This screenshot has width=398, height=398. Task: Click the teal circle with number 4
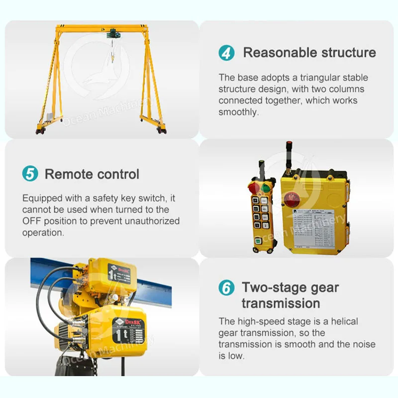pyautogui.click(x=226, y=53)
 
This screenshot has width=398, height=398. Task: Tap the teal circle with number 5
pyautogui.click(x=30, y=174)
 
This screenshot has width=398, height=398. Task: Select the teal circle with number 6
pyautogui.click(x=226, y=288)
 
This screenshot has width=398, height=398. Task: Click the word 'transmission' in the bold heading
pyautogui.click(x=281, y=303)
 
